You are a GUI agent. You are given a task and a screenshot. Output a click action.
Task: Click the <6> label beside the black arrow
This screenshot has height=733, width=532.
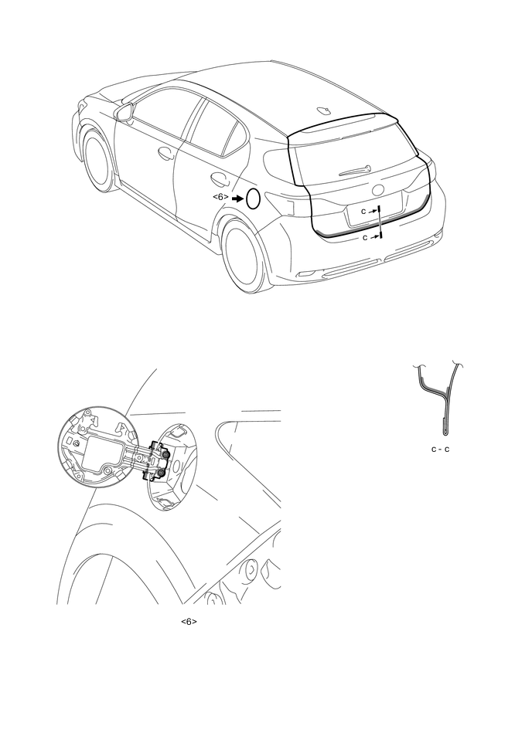coord(221,197)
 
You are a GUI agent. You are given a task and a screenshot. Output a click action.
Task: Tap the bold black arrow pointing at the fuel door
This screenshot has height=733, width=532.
coord(237,199)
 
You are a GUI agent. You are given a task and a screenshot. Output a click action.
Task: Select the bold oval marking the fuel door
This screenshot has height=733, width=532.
coord(253,199)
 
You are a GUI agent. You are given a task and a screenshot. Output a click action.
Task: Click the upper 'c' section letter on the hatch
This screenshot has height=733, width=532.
coord(363,212)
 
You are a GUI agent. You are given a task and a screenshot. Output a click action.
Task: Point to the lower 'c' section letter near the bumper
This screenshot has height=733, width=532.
coord(366,238)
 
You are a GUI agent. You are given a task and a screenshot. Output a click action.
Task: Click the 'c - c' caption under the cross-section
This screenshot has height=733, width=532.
coord(440,450)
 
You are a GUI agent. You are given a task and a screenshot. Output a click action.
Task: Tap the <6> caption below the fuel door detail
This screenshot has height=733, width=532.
coord(189,621)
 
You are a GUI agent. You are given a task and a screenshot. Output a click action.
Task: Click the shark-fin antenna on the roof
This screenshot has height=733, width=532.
coord(324,110)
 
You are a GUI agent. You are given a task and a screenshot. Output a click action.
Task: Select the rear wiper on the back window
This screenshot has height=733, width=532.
coord(355,171)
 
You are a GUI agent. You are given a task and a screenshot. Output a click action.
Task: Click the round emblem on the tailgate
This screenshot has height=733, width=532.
coord(377,190)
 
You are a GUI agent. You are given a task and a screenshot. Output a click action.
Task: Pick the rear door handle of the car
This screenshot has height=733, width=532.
coord(219,178)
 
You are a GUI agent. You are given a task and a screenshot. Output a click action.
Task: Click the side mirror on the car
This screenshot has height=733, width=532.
coord(125,113)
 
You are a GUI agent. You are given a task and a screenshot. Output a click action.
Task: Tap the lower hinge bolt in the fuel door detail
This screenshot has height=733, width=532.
coord(161,473)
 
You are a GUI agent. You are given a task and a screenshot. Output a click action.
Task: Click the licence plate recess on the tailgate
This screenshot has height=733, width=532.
coord(373,213)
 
